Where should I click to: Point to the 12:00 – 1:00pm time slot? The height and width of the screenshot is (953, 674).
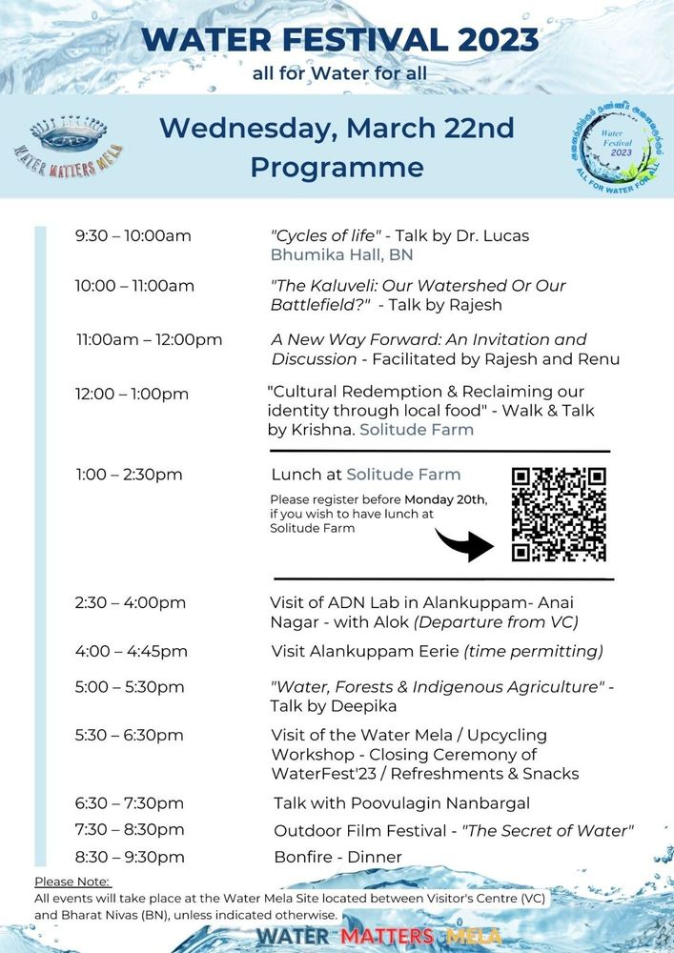tap(133, 394)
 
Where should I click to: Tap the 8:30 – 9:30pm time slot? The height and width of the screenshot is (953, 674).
tap(130, 857)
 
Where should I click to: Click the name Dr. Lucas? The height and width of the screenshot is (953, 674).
tap(496, 236)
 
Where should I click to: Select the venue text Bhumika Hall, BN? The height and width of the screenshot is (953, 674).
tap(341, 255)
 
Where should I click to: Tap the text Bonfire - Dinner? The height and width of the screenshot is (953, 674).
tap(337, 857)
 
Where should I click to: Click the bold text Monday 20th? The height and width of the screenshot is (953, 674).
tap(445, 499)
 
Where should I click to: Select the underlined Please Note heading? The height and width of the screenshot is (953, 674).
tap(72, 882)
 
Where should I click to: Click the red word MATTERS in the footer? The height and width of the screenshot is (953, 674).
tap(387, 936)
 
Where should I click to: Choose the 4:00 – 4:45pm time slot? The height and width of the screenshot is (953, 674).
tap(132, 651)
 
